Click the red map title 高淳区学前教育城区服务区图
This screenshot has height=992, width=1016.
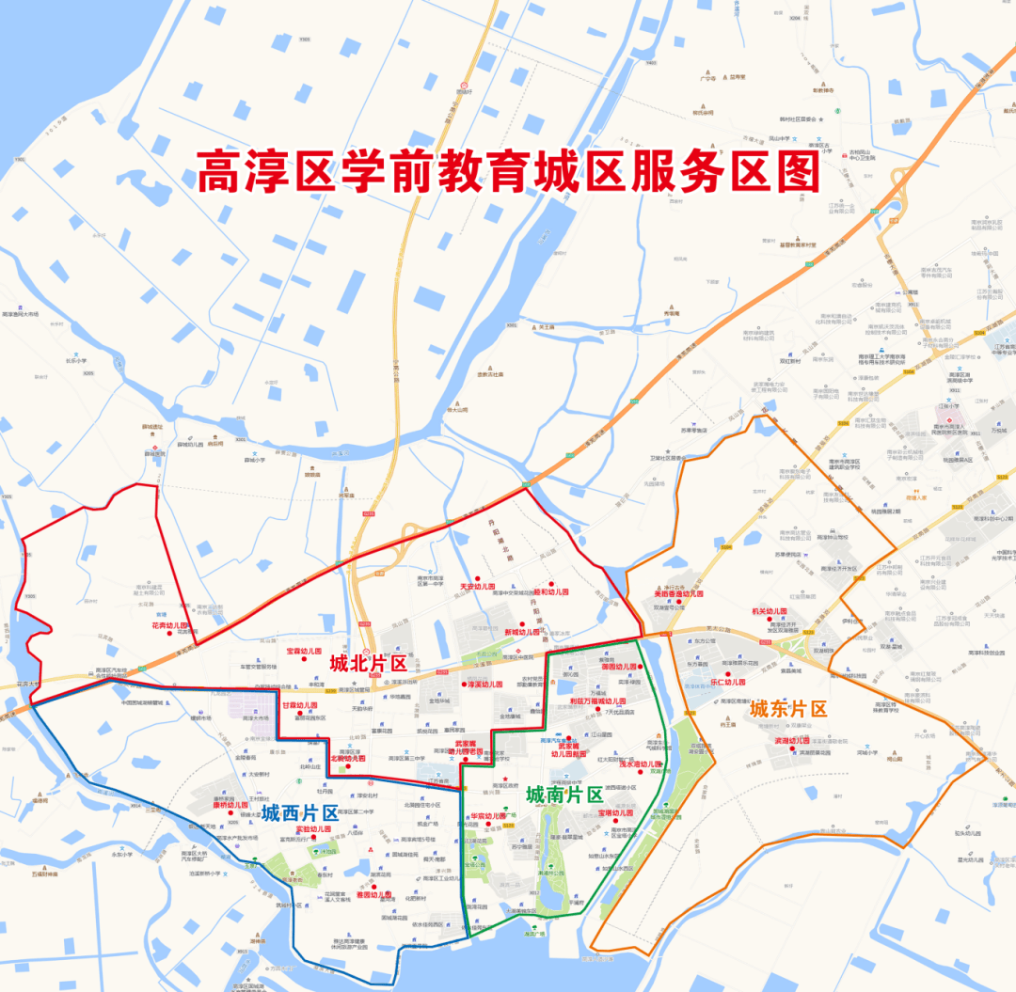tap(508, 172)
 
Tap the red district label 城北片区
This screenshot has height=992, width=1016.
tap(368, 663)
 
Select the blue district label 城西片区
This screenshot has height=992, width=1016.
tap(299, 811)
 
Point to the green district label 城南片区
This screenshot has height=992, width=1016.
tap(564, 795)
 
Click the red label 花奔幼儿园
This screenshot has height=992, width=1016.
tap(170, 625)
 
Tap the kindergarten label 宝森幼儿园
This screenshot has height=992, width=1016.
tap(304, 652)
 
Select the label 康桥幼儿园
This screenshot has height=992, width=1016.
tap(230, 805)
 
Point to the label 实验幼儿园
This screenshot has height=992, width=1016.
tap(313, 829)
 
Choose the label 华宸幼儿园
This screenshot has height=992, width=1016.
tap(488, 816)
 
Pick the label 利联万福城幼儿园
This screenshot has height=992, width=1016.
tap(597, 701)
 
